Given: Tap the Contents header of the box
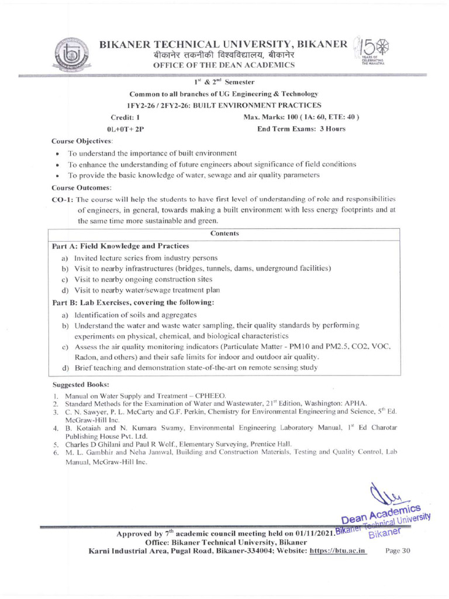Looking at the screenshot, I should pyautogui.click(x=224, y=233).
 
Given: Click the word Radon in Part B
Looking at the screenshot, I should pyautogui.click(x=87, y=356).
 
